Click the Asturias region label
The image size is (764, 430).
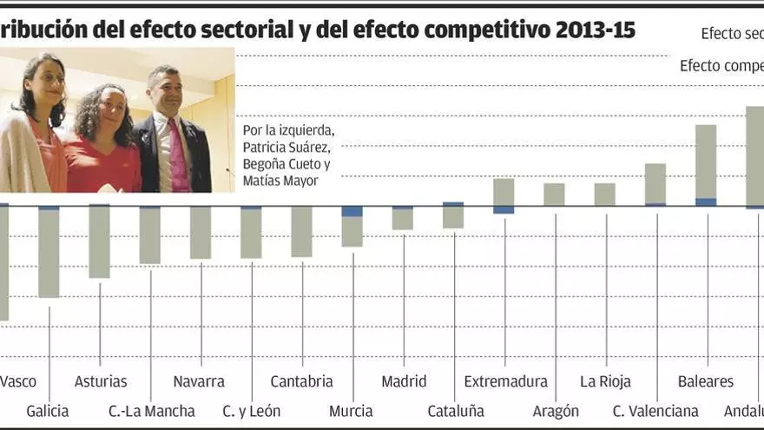tap(101, 381)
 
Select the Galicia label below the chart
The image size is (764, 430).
tap(48, 411)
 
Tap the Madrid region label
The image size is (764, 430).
tap(404, 381)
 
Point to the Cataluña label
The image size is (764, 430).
tap(456, 411)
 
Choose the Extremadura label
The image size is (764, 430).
tap(505, 381)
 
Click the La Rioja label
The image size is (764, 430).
tap(605, 381)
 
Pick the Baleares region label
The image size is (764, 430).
tap(705, 381)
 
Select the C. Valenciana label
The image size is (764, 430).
tap(655, 411)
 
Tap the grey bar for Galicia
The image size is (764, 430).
tap(49, 254)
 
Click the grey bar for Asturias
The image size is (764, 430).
tap(99, 242)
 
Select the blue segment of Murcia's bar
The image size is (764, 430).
tap(352, 211)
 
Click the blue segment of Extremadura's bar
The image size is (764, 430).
tap(504, 209)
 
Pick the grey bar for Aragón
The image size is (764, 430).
tap(554, 195)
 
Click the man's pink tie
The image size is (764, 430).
tap(178, 156)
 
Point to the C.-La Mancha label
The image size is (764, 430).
tap(151, 411)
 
